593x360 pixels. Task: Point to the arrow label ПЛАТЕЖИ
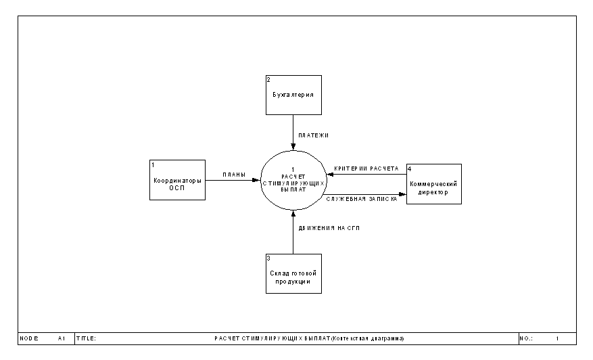(314, 135)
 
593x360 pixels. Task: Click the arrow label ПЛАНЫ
(234, 175)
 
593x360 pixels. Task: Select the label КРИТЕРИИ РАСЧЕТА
(366, 168)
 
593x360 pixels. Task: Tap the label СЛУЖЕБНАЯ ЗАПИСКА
(362, 199)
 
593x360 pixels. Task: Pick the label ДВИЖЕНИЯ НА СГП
(329, 228)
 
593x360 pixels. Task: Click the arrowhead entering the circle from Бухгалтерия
(293, 147)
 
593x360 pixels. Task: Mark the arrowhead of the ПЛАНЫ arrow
(257, 180)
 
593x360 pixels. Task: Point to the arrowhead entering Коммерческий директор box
(403, 194)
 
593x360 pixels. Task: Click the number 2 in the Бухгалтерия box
(268, 79)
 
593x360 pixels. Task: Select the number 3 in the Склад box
(268, 258)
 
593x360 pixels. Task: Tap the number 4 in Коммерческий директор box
(409, 168)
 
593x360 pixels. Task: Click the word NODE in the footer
(29, 338)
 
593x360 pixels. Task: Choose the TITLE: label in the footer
(87, 338)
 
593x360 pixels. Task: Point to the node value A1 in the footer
(62, 338)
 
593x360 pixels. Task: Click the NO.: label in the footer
(526, 338)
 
